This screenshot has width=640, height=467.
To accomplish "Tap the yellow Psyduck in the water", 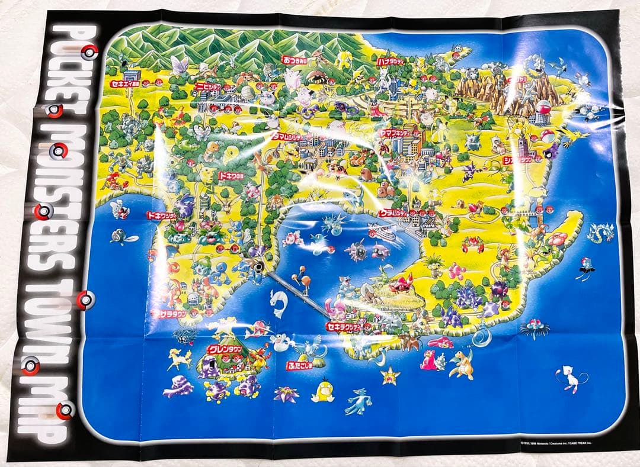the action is [323, 390].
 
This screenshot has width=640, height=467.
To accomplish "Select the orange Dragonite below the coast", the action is [461, 364].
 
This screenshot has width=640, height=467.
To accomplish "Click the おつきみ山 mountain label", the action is [294, 60].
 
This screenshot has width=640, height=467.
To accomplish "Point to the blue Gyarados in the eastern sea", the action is [600, 233].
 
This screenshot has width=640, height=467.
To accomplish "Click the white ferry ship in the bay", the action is [381, 231].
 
